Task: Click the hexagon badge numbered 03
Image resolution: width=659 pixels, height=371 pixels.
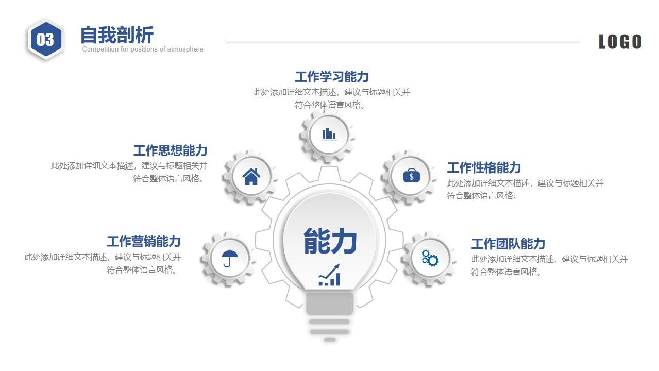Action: (45, 40)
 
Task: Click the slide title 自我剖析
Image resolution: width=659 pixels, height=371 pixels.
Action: (117, 35)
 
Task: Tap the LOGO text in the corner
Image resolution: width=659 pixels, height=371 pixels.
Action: (620, 42)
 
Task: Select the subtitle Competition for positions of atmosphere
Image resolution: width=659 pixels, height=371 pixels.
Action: (143, 49)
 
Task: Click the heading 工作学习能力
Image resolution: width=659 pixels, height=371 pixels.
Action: (332, 77)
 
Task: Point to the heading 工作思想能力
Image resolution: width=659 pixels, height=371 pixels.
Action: (170, 150)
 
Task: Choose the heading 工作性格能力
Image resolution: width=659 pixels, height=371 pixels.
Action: (484, 167)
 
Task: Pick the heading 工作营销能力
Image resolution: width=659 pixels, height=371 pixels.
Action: (143, 241)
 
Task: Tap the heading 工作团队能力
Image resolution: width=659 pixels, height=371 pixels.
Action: (508, 244)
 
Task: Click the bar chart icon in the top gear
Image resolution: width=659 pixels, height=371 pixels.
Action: (328, 134)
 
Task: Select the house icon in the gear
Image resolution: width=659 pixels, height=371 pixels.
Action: (251, 177)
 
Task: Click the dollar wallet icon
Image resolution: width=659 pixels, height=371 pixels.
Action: (411, 176)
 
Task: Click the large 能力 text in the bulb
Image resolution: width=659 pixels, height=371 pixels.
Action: (330, 241)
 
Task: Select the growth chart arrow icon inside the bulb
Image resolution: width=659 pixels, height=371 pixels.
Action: (329, 275)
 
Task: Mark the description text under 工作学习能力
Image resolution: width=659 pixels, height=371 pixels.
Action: (332, 98)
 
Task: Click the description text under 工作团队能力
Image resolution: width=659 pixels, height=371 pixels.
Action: (549, 265)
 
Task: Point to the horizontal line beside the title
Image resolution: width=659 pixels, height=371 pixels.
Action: (401, 41)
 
